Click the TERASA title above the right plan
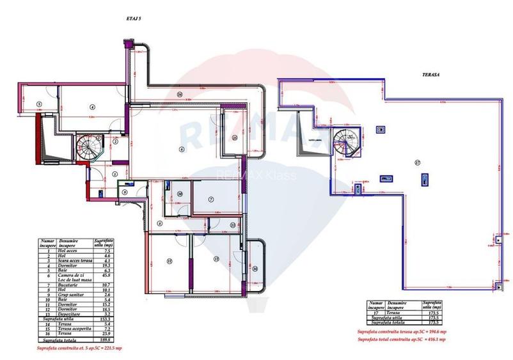pos(430,74)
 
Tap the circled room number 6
pos(182,149)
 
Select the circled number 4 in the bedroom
pos(92,107)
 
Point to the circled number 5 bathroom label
pos(39,104)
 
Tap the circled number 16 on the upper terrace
pos(180,95)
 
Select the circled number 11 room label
pos(170,261)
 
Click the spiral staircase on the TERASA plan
pos(347,141)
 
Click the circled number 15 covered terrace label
pos(235,137)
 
